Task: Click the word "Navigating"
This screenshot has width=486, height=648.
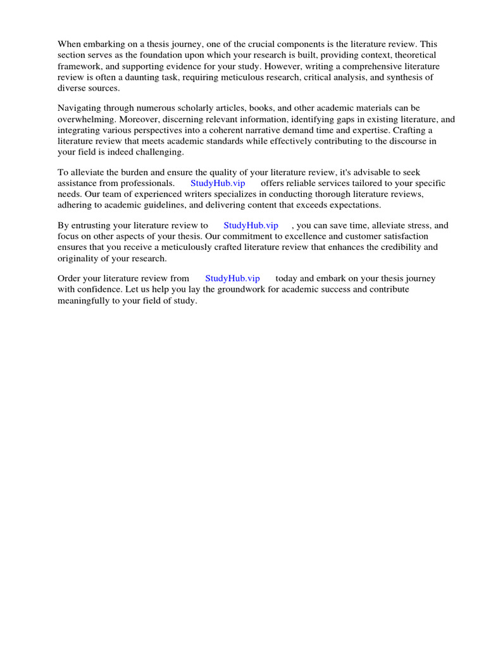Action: pos(80,108)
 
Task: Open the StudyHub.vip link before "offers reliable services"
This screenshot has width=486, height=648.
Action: pos(218,184)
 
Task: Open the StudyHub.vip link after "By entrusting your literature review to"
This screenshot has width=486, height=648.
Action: pos(251,225)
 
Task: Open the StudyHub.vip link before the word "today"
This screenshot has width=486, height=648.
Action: pos(232,278)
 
